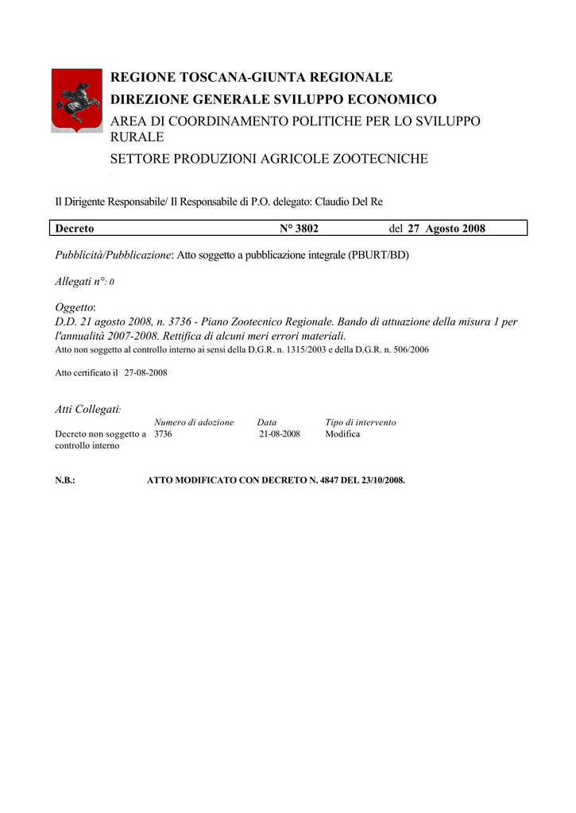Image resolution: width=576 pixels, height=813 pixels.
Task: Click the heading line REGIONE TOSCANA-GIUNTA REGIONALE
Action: coord(251,77)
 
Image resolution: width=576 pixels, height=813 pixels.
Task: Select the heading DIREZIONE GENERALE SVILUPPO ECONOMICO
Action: coord(273,99)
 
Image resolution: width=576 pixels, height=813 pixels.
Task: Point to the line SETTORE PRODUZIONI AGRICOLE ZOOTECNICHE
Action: coord(269,159)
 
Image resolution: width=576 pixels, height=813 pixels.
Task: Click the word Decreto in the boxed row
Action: coord(75,229)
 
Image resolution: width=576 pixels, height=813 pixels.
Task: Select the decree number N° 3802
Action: coord(299,229)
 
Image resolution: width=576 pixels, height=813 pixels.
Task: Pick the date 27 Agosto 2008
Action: coord(446,229)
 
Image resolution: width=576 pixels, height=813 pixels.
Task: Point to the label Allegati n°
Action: coord(80,281)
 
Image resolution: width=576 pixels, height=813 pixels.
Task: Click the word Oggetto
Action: coord(75,307)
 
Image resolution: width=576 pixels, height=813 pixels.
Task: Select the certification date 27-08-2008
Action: coord(145,372)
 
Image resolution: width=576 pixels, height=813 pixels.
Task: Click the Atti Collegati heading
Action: coord(87,409)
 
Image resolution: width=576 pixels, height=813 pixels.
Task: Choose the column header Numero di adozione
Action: coord(194,422)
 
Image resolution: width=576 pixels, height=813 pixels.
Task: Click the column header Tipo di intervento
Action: coord(361,422)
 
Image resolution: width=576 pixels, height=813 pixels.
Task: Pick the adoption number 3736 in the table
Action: coord(163,434)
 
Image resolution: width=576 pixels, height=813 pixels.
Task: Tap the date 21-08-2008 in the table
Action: coord(279,434)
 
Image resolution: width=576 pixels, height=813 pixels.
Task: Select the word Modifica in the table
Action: coord(342,434)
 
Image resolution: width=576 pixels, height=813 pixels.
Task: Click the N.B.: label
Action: coord(64,480)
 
